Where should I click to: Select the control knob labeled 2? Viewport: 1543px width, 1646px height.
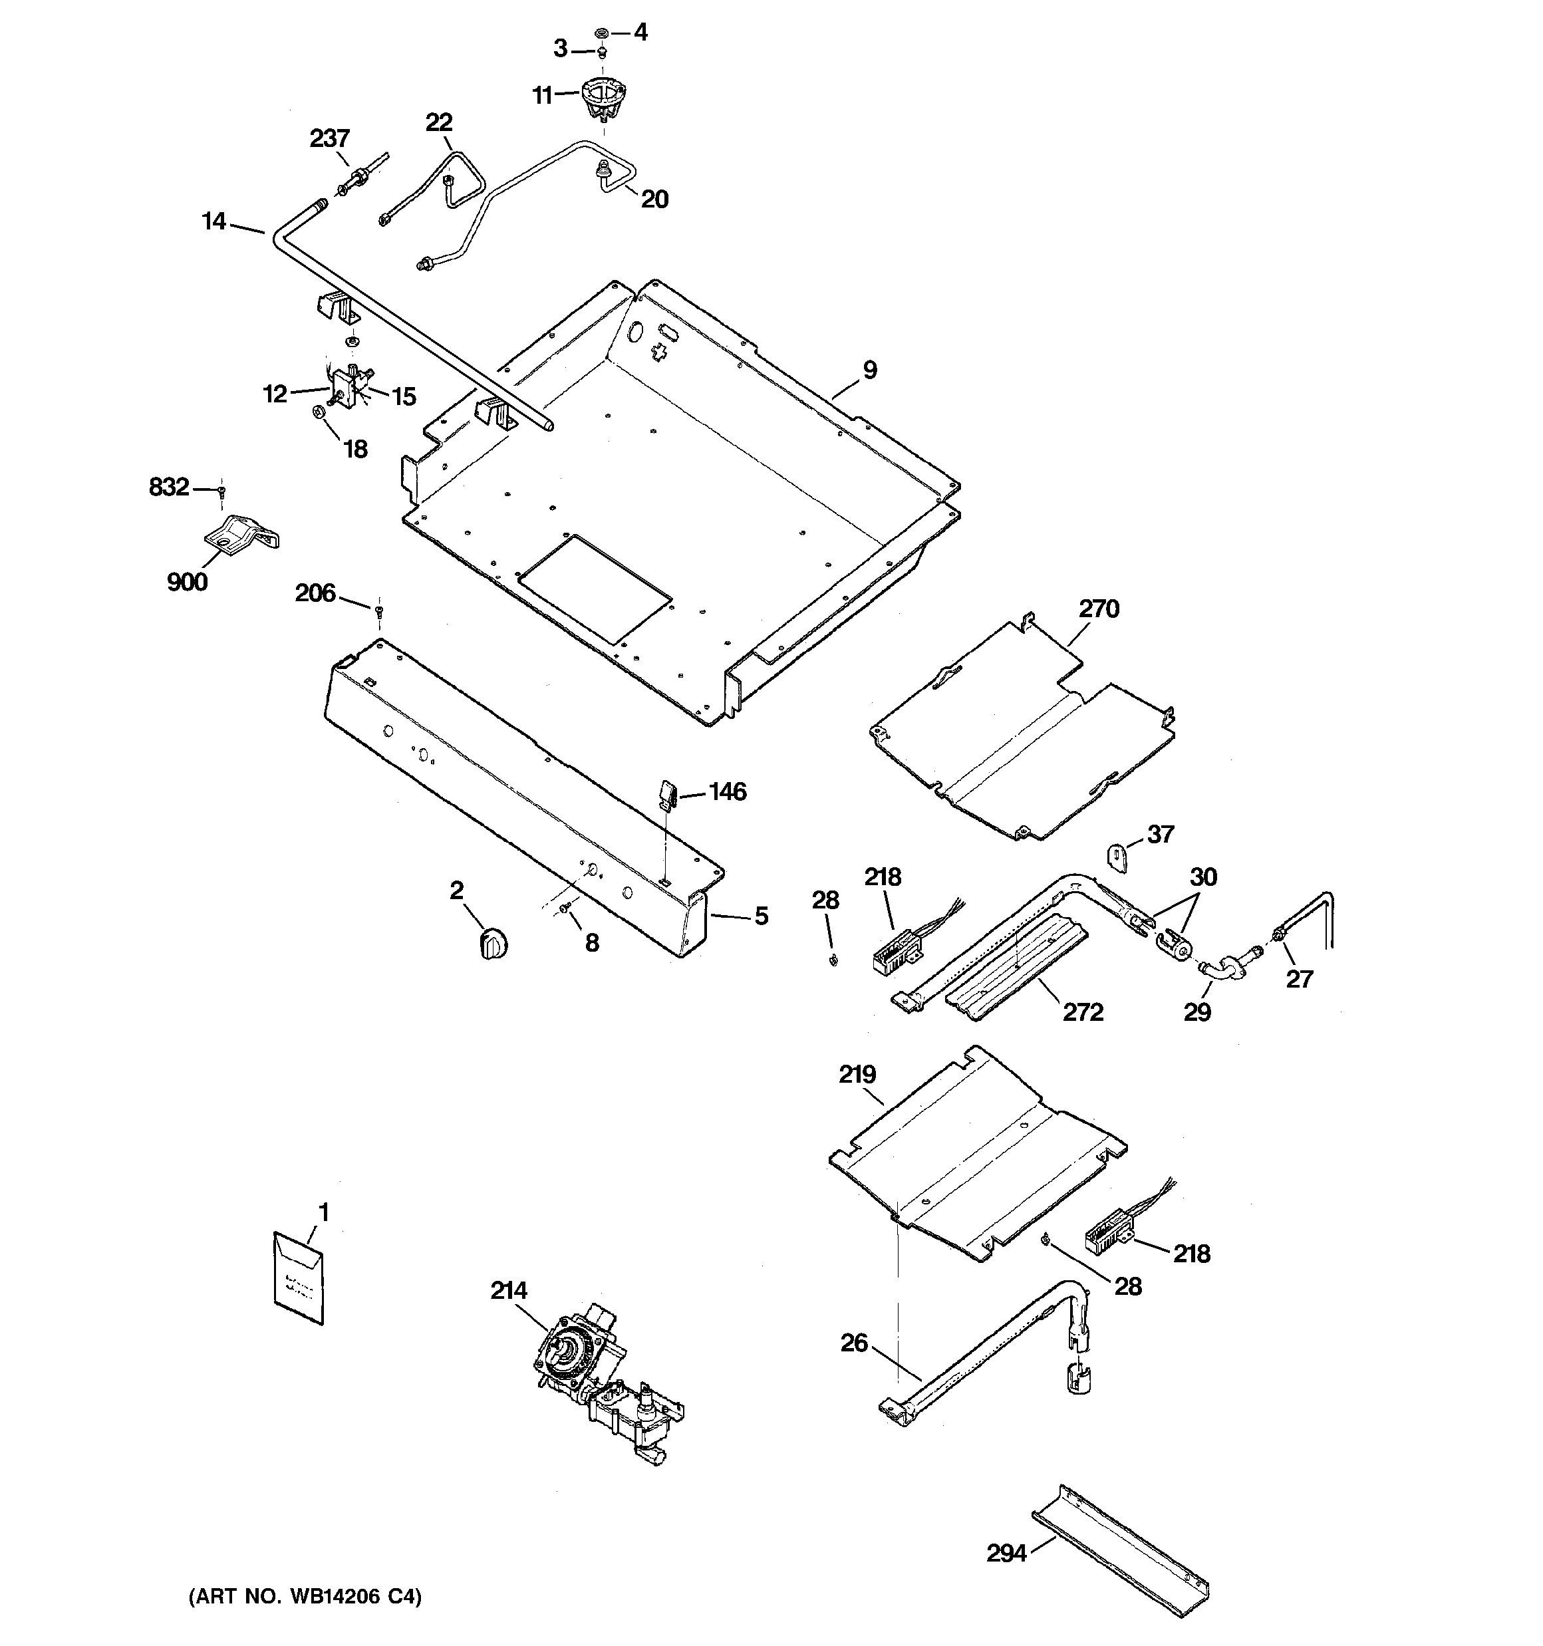493,944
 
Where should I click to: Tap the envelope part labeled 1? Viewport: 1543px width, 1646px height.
298,1278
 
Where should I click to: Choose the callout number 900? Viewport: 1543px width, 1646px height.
187,582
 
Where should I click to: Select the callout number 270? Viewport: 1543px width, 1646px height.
1098,609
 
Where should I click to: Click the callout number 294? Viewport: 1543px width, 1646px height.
1006,1554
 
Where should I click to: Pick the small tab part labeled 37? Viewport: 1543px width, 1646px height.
1118,857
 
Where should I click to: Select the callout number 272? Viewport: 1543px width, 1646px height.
1083,1012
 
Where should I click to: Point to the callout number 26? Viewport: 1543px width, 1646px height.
854,1342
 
